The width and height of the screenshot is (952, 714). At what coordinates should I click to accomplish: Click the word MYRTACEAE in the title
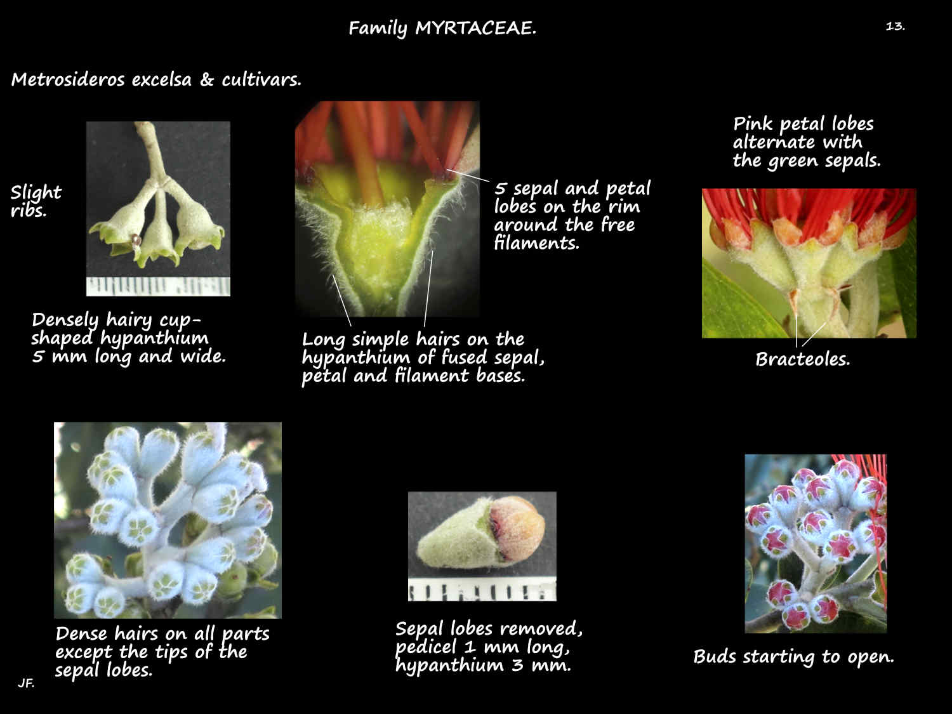click(x=475, y=28)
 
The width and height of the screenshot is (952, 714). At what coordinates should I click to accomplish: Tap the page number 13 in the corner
click(x=895, y=27)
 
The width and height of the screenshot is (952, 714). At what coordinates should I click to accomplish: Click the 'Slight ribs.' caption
click(x=36, y=201)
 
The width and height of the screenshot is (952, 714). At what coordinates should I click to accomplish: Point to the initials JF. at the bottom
click(x=26, y=684)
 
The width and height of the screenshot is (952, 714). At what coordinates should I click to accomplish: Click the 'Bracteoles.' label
click(x=802, y=359)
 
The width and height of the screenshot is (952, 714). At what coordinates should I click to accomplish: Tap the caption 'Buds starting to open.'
click(x=794, y=657)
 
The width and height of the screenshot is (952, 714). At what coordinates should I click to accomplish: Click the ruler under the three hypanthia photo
click(x=158, y=287)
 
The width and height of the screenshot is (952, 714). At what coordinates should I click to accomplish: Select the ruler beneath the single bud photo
click(x=482, y=590)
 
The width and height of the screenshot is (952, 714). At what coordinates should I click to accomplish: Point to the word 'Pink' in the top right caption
click(x=753, y=124)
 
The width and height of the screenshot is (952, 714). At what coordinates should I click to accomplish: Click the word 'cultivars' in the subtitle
click(x=261, y=79)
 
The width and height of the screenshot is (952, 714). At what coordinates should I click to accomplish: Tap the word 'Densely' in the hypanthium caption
click(x=65, y=321)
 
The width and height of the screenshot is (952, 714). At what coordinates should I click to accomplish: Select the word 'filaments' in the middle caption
click(x=536, y=243)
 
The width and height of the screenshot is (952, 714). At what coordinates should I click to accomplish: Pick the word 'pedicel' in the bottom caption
click(x=425, y=647)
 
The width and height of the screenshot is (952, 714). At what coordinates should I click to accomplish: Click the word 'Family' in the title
click(x=378, y=29)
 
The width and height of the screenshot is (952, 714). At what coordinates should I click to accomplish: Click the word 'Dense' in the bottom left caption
click(x=81, y=634)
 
